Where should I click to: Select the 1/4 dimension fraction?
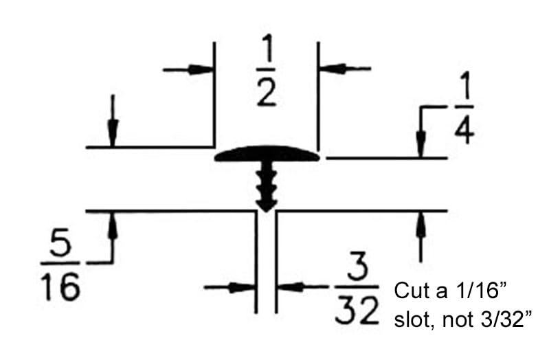click(464, 107)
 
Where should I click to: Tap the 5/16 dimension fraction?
click(60, 265)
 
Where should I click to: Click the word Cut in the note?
click(410, 291)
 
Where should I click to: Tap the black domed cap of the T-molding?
click(267, 154)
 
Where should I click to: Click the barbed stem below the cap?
click(267, 186)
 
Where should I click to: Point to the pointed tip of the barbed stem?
click(267, 212)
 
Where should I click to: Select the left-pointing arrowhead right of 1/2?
click(333, 69)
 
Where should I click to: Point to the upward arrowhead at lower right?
click(421, 224)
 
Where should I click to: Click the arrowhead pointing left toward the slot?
click(291, 286)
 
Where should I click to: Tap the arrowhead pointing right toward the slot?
click(241, 287)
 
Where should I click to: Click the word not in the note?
click(458, 320)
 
